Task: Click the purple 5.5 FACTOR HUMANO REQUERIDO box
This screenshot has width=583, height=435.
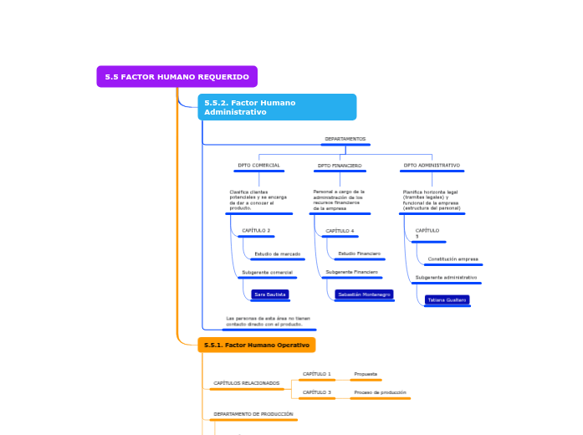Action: [176, 77]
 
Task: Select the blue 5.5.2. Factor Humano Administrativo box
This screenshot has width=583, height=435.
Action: [277, 107]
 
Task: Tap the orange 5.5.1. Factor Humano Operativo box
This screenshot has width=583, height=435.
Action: [257, 345]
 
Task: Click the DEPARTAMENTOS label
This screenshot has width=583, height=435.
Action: [345, 139]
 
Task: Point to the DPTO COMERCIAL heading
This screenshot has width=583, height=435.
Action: [258, 166]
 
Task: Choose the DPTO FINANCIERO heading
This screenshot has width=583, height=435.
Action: [340, 166]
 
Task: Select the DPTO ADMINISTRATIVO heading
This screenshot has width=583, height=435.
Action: [432, 166]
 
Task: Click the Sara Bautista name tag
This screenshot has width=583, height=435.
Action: [269, 294]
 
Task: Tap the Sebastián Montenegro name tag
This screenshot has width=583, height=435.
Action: [364, 294]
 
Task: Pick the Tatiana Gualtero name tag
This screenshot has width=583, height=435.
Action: [447, 299]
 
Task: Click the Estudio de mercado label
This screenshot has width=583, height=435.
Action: [277, 253]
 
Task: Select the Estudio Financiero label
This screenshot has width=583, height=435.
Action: [359, 253]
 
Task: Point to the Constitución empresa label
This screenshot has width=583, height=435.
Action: [453, 259]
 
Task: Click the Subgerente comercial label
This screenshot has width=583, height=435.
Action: [267, 273]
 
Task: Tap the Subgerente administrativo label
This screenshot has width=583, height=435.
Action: [446, 278]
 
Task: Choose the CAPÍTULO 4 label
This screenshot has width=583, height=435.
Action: [340, 231]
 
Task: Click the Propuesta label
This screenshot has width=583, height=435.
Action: [366, 374]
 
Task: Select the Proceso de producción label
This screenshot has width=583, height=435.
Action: [380, 392]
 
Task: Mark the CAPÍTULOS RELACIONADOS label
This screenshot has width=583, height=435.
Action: [246, 383]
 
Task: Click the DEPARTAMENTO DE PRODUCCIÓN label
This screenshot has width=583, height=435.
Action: [253, 414]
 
